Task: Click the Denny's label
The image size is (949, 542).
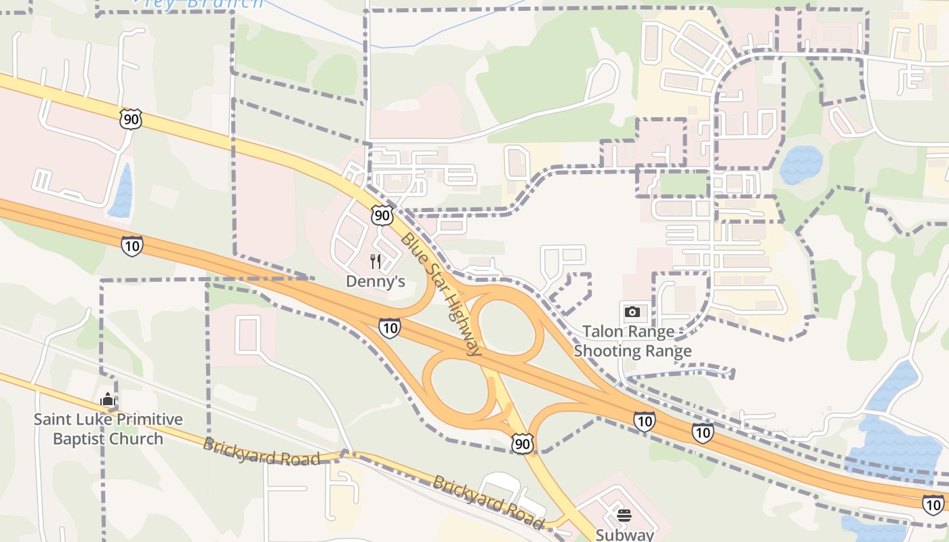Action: coord(376,280)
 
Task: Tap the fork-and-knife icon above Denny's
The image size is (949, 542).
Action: coord(376,261)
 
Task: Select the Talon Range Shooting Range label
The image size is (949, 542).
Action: coord(632,341)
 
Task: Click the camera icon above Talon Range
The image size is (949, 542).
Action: coord(632,312)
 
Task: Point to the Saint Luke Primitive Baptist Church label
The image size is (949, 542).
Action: coord(108,429)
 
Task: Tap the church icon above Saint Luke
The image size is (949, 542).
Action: coord(107,400)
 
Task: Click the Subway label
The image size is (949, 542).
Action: coord(624,535)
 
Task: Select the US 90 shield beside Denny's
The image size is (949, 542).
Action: coord(382,216)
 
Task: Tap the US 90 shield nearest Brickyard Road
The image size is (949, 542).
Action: coord(523,444)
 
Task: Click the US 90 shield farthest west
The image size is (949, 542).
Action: coord(130,119)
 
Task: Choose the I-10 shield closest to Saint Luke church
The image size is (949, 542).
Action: coord(132,245)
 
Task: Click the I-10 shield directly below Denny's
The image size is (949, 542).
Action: coord(389,329)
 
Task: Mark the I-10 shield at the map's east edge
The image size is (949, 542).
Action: coord(933,504)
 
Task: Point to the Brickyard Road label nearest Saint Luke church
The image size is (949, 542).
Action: coord(261,452)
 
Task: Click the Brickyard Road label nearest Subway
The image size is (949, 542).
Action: coord(488,502)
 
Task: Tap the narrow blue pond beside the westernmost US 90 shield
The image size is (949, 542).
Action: coord(122,191)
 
